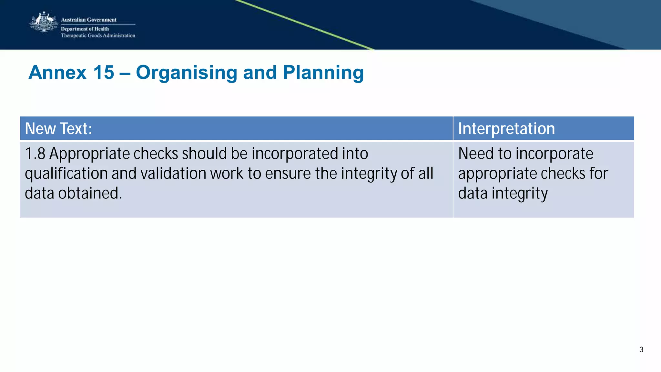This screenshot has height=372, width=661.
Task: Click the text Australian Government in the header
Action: pyautogui.click(x=88, y=20)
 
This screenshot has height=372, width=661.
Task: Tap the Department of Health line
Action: pyautogui.click(x=85, y=29)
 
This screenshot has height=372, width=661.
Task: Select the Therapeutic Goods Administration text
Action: pyautogui.click(x=98, y=35)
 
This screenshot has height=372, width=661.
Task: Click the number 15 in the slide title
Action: pyautogui.click(x=104, y=72)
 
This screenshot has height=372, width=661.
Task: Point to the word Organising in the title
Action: pyautogui.click(x=187, y=73)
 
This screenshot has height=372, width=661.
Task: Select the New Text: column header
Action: pyautogui.click(x=58, y=128)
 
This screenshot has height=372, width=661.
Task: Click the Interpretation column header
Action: pyautogui.click(x=506, y=128)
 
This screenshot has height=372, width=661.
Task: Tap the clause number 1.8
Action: pyautogui.click(x=35, y=154)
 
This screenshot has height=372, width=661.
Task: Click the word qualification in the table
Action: pyautogui.click(x=66, y=174)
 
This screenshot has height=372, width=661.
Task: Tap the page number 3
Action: pyautogui.click(x=641, y=350)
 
